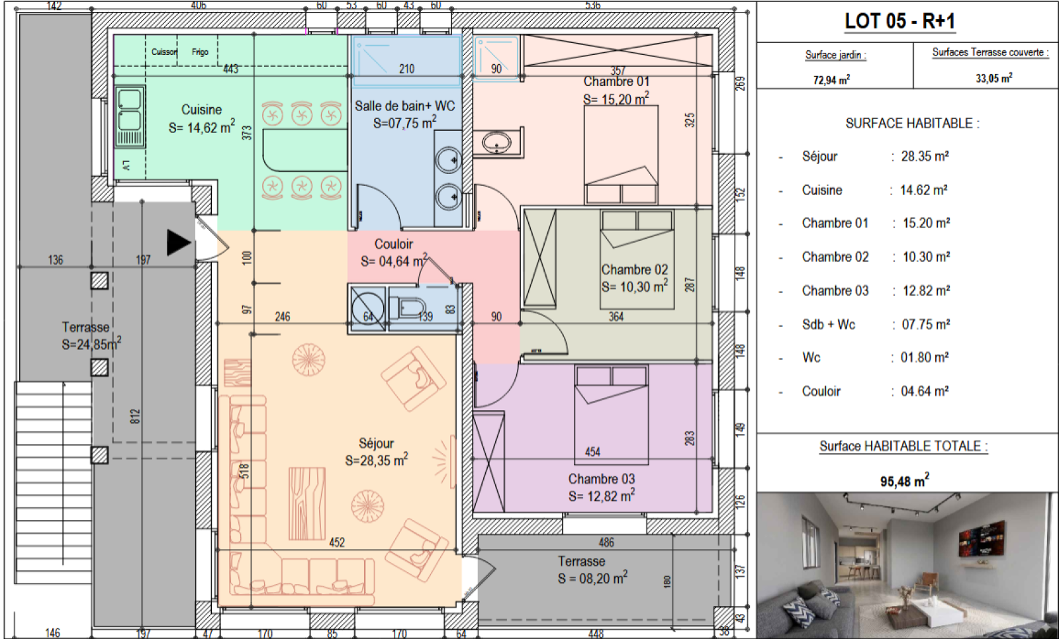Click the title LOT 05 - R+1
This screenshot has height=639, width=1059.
click(x=899, y=21)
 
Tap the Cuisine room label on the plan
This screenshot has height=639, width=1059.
click(x=201, y=110)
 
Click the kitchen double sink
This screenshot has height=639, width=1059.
click(x=130, y=116)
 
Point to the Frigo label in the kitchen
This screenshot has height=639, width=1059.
click(x=200, y=52)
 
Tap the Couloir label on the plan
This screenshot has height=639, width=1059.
click(x=393, y=244)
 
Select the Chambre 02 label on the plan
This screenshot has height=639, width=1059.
click(x=635, y=269)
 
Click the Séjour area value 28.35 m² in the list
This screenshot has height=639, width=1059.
click(x=925, y=156)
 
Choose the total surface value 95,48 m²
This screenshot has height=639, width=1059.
click(x=904, y=481)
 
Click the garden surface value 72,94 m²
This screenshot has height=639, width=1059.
click(x=831, y=80)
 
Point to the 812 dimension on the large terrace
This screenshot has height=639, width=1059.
click(x=135, y=416)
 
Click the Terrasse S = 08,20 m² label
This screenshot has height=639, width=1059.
click(x=592, y=570)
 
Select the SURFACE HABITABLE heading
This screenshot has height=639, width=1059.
click(x=913, y=123)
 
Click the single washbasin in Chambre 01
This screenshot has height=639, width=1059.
click(x=496, y=142)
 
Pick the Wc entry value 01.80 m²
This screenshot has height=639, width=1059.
click(x=924, y=357)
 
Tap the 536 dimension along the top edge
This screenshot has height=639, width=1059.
click(x=592, y=5)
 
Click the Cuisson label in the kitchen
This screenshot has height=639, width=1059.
click(x=164, y=52)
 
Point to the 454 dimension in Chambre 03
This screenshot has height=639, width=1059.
click(x=592, y=452)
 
